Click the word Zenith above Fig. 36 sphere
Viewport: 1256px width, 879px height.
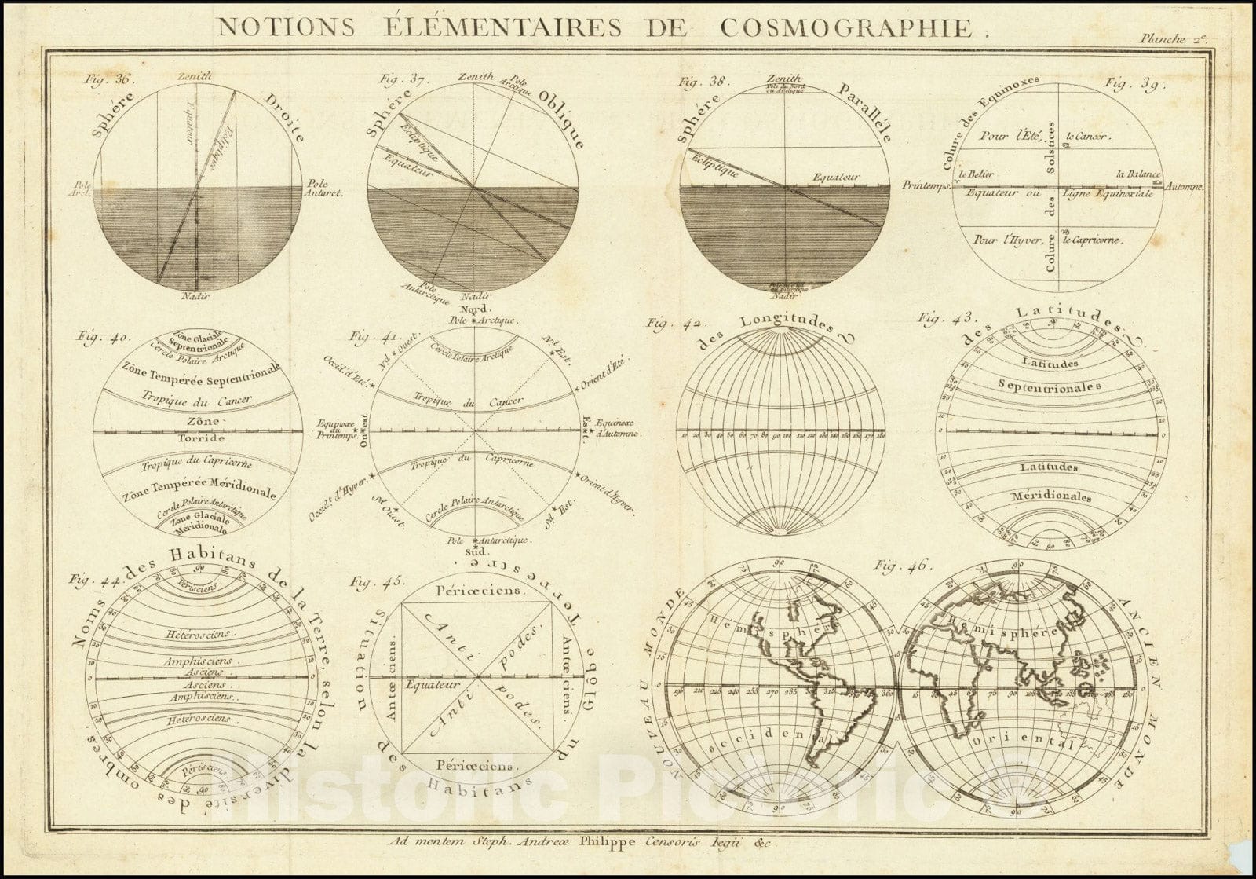tap(192, 76)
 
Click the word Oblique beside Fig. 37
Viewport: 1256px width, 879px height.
tap(562, 119)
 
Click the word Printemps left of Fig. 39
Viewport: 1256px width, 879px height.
tap(926, 185)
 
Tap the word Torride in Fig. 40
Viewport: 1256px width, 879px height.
tap(199, 438)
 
